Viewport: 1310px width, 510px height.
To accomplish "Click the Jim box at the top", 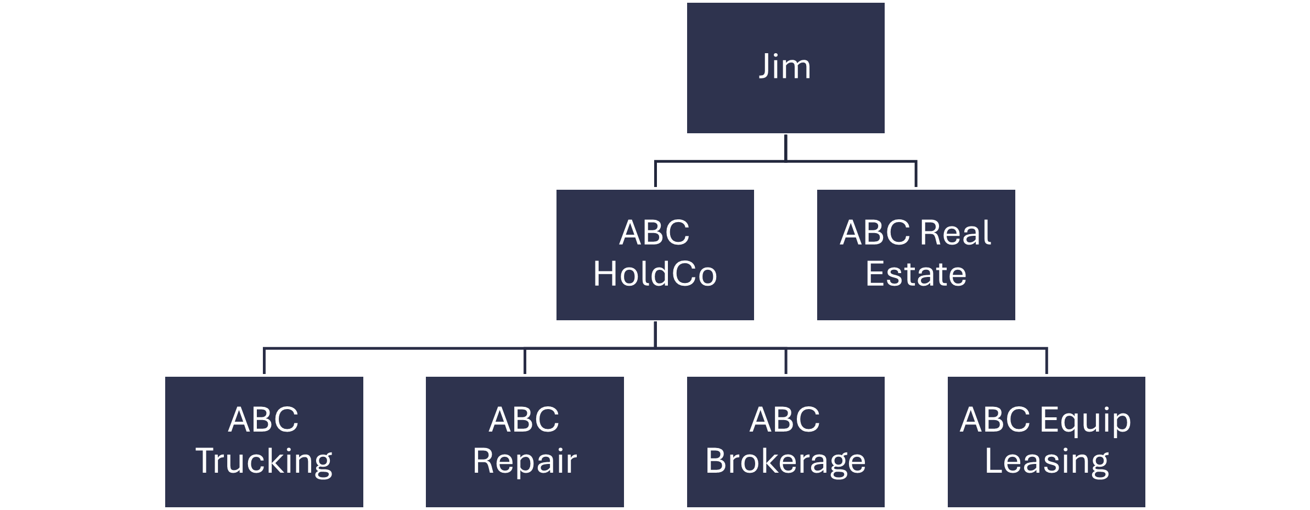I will (785, 68).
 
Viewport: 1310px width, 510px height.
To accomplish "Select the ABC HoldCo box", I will (655, 254).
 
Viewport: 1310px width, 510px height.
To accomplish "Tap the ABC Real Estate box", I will (915, 254).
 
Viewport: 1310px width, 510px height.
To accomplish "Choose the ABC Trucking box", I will (264, 441).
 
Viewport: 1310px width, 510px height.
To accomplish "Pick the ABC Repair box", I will (525, 441).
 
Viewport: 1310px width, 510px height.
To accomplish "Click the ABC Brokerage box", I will (785, 441).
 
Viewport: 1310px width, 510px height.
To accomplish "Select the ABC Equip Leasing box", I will (1046, 441).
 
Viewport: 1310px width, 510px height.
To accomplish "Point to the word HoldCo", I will (655, 274).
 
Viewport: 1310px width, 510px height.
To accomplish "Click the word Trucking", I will (264, 461).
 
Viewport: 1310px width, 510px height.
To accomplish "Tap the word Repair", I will (525, 461).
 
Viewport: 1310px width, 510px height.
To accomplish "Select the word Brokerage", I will (785, 461).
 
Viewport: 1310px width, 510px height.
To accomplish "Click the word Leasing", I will (1046, 461).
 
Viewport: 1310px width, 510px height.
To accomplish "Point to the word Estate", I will (915, 274).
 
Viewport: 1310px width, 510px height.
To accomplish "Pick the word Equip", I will (1084, 421).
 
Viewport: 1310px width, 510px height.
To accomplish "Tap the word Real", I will (955, 233).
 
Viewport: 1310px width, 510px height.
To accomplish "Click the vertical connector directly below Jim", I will (786, 148).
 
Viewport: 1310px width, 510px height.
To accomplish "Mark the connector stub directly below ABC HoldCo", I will (655, 335).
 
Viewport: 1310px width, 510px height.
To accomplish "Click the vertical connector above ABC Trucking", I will (265, 361).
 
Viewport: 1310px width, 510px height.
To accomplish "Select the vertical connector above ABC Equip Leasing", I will (1047, 361).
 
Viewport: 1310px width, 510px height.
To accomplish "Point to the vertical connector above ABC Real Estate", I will (916, 174).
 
